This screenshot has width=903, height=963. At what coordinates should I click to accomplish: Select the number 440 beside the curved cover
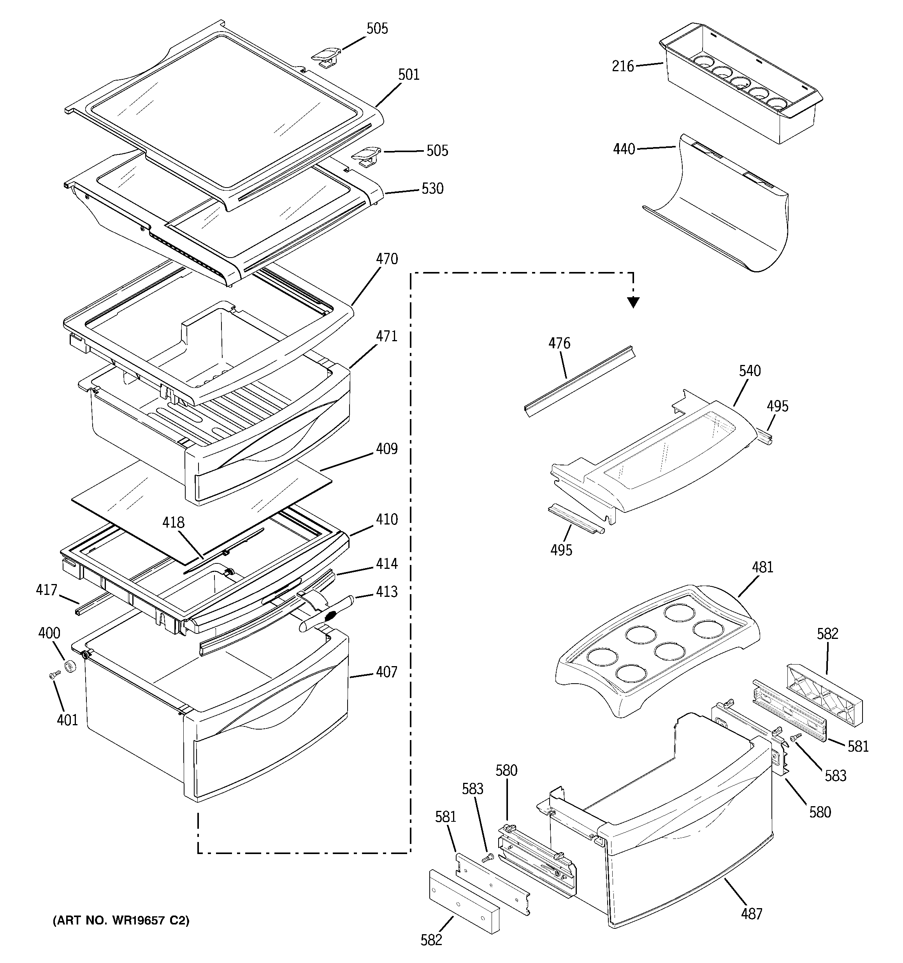(624, 149)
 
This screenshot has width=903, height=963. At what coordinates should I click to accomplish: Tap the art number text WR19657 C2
(121, 920)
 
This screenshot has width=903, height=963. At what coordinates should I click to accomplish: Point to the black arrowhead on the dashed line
(633, 303)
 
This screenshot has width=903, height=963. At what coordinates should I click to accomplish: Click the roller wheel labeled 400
(72, 667)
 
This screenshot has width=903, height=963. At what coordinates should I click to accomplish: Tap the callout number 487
(752, 914)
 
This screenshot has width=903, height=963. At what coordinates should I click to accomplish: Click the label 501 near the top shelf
(409, 75)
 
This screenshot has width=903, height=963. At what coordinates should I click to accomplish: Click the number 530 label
(432, 188)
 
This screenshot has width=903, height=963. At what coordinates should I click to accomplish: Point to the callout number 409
(387, 449)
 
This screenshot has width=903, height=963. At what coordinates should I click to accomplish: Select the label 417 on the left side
(47, 590)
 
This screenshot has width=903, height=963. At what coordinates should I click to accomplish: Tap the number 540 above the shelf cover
(750, 372)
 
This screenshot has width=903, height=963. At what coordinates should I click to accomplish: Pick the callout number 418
(174, 523)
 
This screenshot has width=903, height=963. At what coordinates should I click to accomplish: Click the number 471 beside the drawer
(387, 336)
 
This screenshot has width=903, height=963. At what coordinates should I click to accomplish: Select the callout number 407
(386, 672)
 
